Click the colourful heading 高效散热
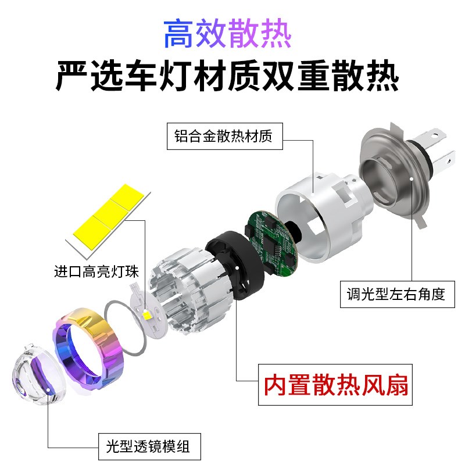(227, 34)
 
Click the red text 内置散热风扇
(336, 384)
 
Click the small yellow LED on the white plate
(147, 314)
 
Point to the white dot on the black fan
(238, 268)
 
